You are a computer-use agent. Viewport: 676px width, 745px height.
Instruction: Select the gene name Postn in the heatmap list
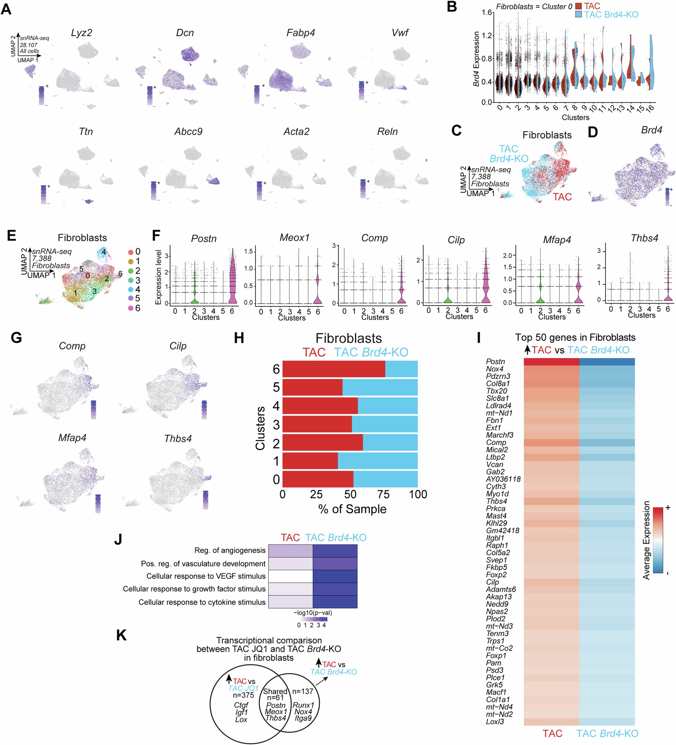(x=495, y=361)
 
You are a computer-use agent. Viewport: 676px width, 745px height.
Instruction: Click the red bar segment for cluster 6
(x=333, y=369)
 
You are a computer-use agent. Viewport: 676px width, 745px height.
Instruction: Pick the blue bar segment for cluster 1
(x=377, y=461)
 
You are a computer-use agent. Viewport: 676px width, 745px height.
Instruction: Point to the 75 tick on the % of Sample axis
(x=383, y=494)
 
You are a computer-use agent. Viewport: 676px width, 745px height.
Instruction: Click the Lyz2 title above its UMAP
(x=81, y=32)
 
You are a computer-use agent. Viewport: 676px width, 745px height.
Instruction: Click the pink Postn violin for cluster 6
(x=232, y=281)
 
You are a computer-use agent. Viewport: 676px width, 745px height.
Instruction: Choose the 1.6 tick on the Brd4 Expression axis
(x=487, y=12)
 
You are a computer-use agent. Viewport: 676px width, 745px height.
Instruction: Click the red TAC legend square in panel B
(x=578, y=6)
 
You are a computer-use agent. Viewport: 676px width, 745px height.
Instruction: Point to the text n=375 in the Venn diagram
(x=243, y=695)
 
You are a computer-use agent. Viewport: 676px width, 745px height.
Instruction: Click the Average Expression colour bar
(x=658, y=540)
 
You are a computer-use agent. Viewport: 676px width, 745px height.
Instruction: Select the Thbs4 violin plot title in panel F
(x=644, y=238)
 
